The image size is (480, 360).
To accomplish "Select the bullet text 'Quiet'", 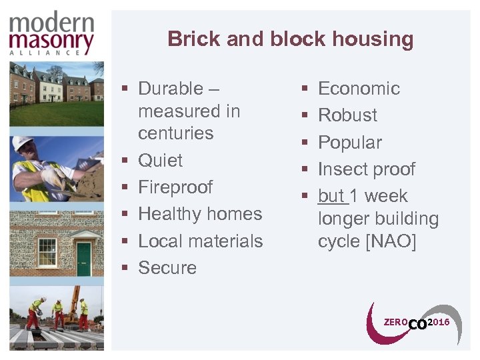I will pos(160,161).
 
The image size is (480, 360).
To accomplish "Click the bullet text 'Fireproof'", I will pos(175,187).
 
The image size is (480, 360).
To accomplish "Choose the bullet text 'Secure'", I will pos(167,268).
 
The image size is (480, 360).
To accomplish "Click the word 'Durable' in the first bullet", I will pos(170,89).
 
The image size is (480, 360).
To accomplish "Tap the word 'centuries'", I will pos(175,133).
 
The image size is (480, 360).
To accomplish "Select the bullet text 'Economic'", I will pos(359,89).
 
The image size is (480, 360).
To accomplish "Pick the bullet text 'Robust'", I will pos(347,115).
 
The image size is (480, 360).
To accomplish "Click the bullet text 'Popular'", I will pos(350,143).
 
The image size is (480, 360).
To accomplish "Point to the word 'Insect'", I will pos(340,169).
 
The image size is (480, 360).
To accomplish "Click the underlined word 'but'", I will pos(331,196).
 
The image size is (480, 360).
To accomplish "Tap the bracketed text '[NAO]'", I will pos(390,241).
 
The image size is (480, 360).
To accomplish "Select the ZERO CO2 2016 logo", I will pos(413,323).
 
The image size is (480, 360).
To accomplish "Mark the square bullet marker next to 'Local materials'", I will pos(125,241).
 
